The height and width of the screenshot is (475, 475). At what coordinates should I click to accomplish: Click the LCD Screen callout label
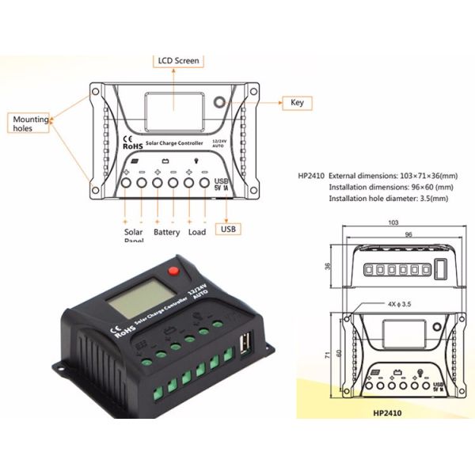click(177, 60)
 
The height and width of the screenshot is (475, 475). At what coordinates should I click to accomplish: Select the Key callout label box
click(297, 103)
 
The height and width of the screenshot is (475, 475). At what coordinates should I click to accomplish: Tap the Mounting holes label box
click(30, 123)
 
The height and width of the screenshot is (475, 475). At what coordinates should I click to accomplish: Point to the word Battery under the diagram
click(166, 233)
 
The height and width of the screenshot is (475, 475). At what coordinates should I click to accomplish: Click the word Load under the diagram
click(197, 233)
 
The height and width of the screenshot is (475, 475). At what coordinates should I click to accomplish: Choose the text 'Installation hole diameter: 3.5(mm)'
click(387, 199)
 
